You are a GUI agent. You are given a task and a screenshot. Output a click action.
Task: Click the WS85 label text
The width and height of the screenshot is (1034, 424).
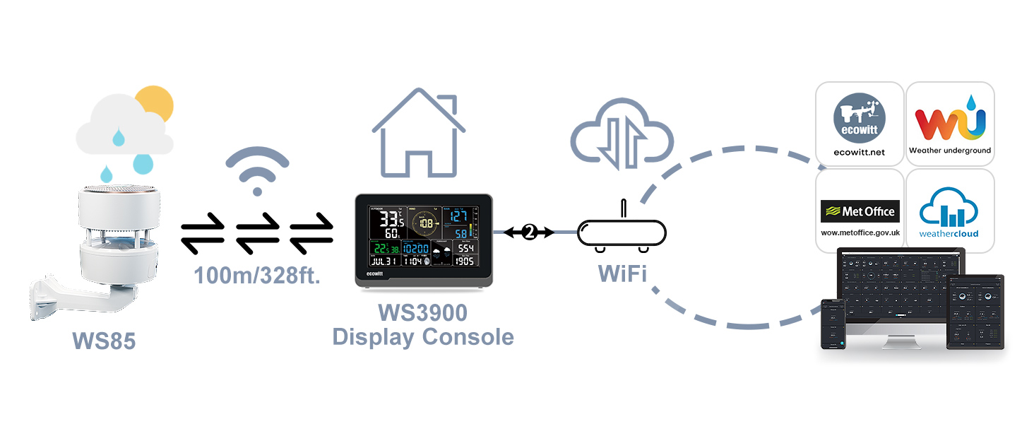(103, 341)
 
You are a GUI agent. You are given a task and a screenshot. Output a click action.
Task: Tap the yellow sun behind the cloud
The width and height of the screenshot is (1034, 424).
(157, 102)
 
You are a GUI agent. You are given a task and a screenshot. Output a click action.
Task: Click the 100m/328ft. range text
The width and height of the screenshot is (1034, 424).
(257, 276)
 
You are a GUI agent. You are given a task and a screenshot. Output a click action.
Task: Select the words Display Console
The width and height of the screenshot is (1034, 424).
(422, 336)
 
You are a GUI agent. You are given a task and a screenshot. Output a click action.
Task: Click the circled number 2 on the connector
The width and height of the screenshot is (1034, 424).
(529, 232)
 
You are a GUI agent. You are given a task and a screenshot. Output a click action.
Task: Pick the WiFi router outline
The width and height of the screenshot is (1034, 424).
(622, 233)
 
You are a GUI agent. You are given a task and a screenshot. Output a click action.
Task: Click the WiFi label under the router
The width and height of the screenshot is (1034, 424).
(622, 273)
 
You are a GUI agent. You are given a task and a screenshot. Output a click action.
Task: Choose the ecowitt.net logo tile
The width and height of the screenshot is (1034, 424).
(860, 124)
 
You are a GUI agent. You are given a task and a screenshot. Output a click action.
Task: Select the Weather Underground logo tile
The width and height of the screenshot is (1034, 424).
(950, 124)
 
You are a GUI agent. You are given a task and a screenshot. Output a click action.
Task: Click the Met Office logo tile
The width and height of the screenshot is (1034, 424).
(860, 211)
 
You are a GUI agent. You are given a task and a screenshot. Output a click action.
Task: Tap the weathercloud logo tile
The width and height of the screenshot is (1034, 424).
(950, 211)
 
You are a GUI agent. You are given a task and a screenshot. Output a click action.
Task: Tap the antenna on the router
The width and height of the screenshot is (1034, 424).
(622, 209)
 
